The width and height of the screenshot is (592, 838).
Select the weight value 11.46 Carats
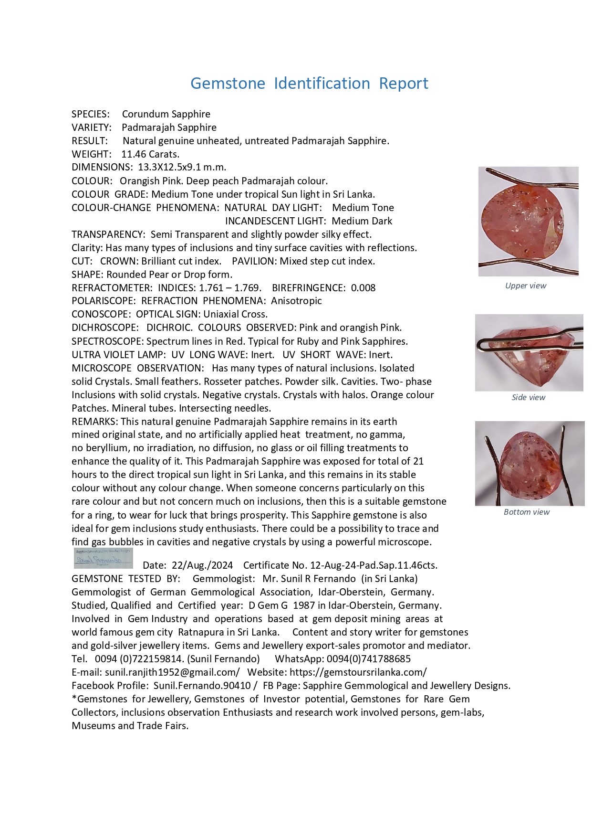[150, 154]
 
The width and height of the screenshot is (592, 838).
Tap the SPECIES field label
[90, 114]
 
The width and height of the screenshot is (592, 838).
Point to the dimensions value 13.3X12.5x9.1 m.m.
[182, 167]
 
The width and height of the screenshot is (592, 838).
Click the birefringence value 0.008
[363, 288]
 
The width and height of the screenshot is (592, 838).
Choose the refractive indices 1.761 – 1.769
[230, 288]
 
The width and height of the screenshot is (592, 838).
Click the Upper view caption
[526, 286]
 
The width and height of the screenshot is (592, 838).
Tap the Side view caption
[528, 397]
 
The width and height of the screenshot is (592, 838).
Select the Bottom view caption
[527, 512]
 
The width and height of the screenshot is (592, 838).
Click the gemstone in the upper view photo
[523, 222]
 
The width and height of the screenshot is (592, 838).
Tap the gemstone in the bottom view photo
[529, 463]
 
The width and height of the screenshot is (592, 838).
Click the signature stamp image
[104, 558]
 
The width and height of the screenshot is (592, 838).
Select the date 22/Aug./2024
[202, 565]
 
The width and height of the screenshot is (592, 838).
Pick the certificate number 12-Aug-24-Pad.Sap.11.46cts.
[374, 565]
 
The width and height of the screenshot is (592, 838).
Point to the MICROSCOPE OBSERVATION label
[137, 368]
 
